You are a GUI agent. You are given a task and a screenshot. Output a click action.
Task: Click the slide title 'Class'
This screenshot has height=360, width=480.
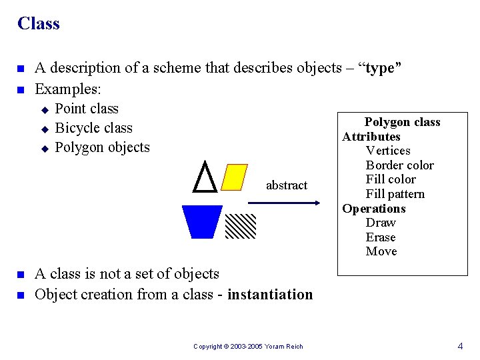(39, 24)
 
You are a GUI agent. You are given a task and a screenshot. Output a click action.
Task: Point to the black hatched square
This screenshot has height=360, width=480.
(240, 226)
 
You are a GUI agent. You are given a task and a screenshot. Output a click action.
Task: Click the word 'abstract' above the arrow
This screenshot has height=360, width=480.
(287, 185)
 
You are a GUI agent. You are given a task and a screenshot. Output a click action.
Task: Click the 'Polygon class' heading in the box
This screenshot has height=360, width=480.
(402, 122)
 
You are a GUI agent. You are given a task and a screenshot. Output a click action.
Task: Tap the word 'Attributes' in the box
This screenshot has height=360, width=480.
(371, 137)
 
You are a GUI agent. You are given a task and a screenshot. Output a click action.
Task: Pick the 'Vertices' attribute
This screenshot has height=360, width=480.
(388, 151)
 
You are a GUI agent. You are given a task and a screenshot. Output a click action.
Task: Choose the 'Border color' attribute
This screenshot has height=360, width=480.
(399, 165)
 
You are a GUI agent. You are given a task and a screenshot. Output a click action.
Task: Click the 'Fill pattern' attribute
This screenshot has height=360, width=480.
(395, 194)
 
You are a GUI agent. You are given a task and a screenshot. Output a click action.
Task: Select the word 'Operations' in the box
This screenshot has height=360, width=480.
(373, 209)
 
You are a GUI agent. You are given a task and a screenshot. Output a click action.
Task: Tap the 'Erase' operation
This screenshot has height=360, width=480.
(381, 237)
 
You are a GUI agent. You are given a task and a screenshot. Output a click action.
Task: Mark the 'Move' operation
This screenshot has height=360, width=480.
(381, 251)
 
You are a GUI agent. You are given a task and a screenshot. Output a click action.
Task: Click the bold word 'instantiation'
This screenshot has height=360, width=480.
(270, 294)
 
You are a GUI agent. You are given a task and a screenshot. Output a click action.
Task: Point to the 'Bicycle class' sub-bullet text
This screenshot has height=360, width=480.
(93, 128)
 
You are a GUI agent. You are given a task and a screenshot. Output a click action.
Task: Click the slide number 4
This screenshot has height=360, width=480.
(460, 346)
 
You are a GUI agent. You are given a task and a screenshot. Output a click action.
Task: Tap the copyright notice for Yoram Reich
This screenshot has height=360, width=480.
(248, 347)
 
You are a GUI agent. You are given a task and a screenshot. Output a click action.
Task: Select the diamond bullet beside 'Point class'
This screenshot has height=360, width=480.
(45, 109)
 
